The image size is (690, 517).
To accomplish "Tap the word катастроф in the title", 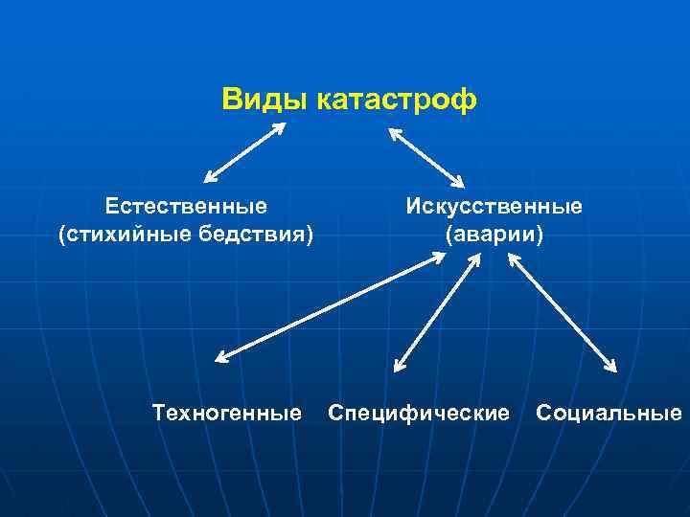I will (393, 100).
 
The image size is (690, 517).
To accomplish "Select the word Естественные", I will (187, 206).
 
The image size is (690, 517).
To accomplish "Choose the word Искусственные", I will (494, 206).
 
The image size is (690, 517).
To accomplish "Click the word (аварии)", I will (494, 234).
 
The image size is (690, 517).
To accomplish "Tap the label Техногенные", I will (227, 413).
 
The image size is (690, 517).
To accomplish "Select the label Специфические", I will (419, 413).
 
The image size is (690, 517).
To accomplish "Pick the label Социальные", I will (609, 413).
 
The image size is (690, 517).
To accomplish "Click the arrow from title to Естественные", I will (245, 152).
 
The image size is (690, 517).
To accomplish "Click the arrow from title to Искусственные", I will (425, 158).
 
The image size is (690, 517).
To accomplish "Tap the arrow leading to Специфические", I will (436, 312).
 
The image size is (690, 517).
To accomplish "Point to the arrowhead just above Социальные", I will (610, 365).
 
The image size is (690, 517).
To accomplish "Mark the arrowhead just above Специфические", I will (399, 365).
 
